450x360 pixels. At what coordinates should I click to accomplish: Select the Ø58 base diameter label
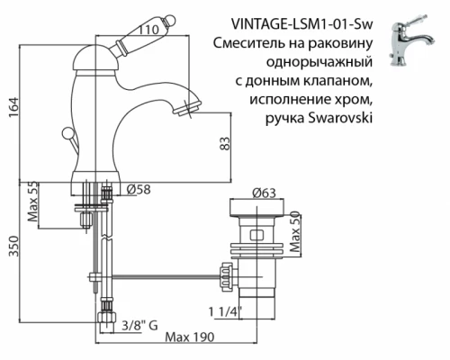[x=137, y=190]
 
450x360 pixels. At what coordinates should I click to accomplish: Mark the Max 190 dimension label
[x=191, y=339]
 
